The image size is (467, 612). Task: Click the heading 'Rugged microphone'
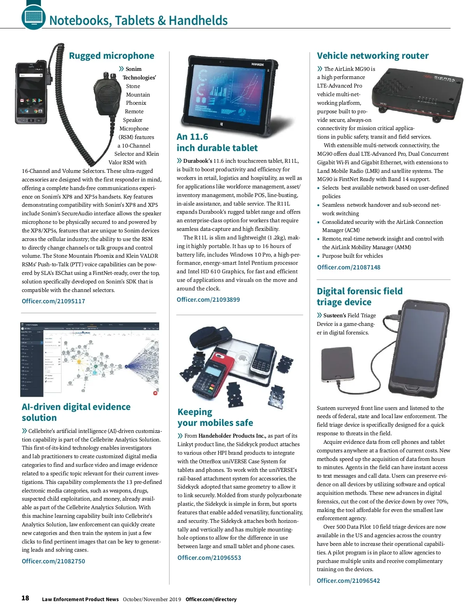(x=111, y=56)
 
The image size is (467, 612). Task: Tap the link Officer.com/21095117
(x=53, y=301)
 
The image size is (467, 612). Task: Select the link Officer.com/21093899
(x=208, y=299)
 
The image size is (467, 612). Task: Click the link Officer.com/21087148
(x=349, y=267)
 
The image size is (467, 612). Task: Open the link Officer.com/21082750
(x=53, y=561)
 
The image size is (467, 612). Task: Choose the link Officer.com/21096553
(x=209, y=557)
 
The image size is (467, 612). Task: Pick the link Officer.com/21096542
(x=348, y=580)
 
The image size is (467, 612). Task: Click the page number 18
(x=25, y=598)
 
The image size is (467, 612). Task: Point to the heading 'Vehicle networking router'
(x=372, y=56)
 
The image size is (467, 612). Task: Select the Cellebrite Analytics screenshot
(x=90, y=359)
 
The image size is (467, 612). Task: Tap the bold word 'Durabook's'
(x=198, y=161)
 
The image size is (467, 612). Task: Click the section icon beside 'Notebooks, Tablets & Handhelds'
(x=33, y=16)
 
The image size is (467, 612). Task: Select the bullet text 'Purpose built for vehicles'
(x=352, y=256)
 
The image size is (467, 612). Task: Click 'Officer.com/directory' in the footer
(x=211, y=599)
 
